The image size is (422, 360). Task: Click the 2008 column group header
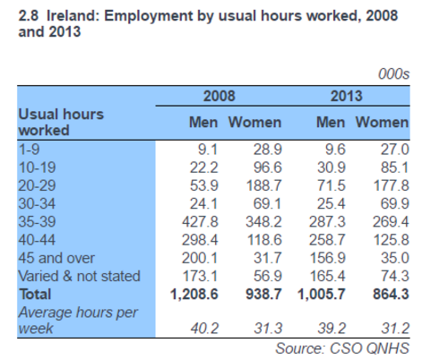tap(220, 96)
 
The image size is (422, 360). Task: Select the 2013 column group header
tap(346, 96)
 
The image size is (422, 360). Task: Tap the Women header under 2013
tap(382, 123)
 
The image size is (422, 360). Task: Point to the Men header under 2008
tap(203, 123)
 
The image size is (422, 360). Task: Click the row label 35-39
tap(37, 222)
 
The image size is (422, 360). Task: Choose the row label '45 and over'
tap(56, 258)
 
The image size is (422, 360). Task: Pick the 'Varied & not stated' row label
tap(79, 276)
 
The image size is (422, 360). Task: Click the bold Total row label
tap(35, 295)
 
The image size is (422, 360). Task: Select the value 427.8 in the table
tap(200, 222)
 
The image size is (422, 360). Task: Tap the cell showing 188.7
tap(263, 185)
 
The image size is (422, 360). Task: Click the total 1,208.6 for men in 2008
tap(194, 295)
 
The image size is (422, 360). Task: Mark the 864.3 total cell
tap(391, 295)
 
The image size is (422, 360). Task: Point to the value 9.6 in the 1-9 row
tap(335, 150)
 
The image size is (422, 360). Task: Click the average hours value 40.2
tap(204, 329)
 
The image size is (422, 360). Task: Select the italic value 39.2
tap(332, 329)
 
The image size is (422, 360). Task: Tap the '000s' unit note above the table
tap(393, 74)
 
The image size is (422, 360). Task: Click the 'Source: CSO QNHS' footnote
tap(342, 348)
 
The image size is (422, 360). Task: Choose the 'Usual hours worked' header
tap(61, 123)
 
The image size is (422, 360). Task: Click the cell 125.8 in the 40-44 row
tap(391, 240)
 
